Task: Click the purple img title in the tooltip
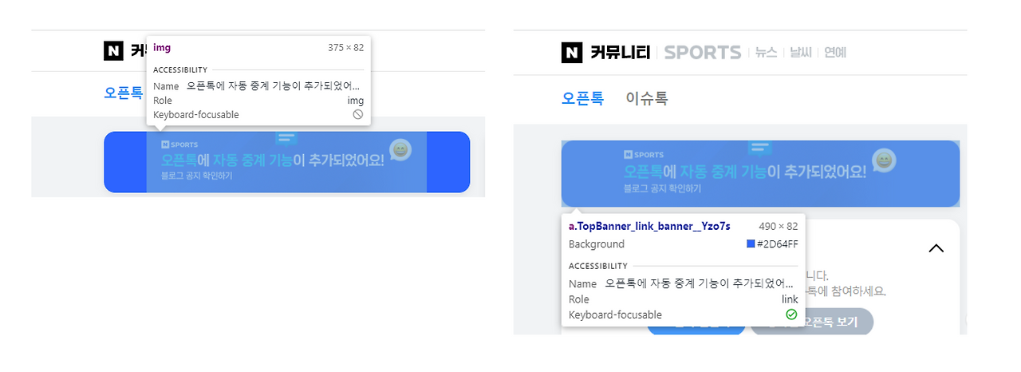tap(162, 48)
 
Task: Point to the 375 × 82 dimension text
tap(345, 48)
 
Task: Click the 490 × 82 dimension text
tap(778, 227)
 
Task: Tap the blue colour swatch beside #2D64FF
tap(751, 244)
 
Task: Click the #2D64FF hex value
tap(777, 244)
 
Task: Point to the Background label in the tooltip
tap(597, 244)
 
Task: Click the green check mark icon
tap(791, 315)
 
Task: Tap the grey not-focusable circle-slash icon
tap(358, 115)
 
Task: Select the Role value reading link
tap(790, 299)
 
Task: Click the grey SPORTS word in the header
tap(702, 53)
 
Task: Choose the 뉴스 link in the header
tap(766, 53)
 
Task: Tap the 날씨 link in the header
tap(800, 53)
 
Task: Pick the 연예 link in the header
tap(835, 53)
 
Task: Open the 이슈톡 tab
tap(646, 99)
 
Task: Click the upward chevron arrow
tap(936, 248)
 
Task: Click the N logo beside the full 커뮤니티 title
tap(572, 53)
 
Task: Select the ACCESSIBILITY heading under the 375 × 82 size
tap(180, 70)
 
